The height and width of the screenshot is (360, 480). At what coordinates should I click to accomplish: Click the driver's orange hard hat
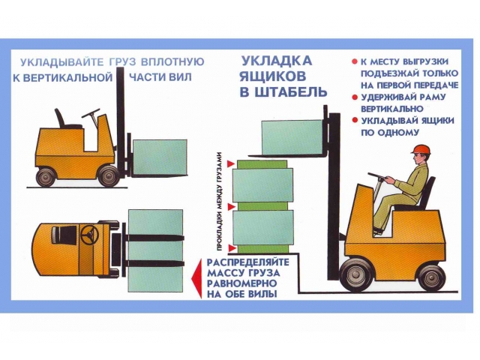(422, 149)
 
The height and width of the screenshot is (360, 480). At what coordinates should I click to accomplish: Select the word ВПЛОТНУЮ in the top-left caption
(172, 61)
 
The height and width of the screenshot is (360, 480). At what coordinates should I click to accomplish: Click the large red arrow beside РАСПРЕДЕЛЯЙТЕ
(196, 279)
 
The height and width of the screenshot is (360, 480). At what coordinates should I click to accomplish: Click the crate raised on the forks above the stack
(292, 137)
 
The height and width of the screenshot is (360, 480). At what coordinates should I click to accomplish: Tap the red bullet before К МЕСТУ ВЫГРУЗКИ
(355, 61)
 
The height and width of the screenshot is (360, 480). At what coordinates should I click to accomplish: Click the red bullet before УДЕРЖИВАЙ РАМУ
(355, 97)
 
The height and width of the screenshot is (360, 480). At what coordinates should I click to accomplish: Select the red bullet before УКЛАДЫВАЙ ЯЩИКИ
(355, 120)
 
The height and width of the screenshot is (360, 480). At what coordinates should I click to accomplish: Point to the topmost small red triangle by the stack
(230, 164)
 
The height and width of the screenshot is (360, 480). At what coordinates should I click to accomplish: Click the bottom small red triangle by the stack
(232, 247)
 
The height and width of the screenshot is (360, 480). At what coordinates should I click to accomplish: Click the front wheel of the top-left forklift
(108, 176)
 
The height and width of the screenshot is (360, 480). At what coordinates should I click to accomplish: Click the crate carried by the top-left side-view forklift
(160, 157)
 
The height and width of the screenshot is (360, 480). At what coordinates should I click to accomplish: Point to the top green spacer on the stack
(262, 164)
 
